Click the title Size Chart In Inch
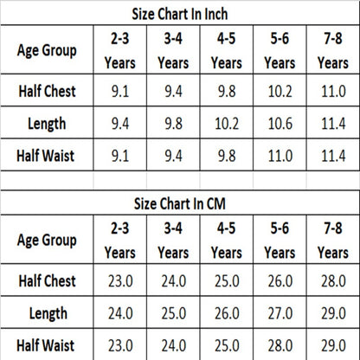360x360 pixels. click(x=180, y=14)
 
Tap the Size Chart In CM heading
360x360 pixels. click(x=180, y=203)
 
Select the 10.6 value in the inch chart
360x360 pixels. click(x=280, y=124)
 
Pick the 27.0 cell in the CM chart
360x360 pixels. click(x=280, y=313)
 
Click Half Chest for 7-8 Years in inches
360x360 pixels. click(x=333, y=91)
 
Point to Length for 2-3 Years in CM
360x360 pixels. click(x=120, y=313)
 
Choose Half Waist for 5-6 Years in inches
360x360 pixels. click(x=280, y=156)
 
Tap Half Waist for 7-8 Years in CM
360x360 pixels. click(x=333, y=345)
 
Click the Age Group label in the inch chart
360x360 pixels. click(x=47, y=50)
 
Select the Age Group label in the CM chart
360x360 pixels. click(x=47, y=241)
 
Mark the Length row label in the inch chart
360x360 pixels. click(x=47, y=124)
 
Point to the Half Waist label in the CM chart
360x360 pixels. click(x=46, y=345)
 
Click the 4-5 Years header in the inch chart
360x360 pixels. click(x=227, y=50)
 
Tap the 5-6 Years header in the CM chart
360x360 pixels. click(x=280, y=241)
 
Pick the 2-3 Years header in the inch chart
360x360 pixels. click(x=120, y=50)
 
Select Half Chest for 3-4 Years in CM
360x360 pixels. click(x=174, y=281)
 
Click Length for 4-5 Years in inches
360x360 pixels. click(x=227, y=124)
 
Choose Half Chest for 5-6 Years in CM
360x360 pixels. click(x=280, y=281)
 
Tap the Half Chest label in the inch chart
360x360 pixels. click(x=47, y=91)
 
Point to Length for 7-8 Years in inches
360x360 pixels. click(x=333, y=124)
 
